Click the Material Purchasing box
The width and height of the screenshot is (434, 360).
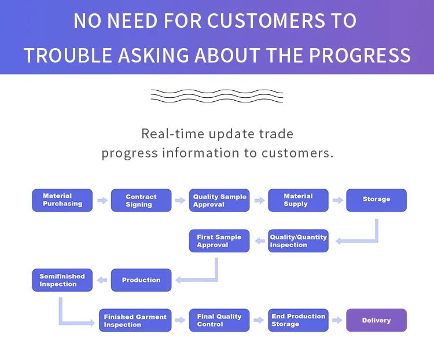pos(62,200)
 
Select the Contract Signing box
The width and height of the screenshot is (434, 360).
pos(141,200)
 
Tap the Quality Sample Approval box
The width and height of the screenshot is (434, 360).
pos(219,200)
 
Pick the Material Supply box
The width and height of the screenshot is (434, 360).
pos(298,200)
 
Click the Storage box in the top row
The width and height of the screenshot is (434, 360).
pos(376,200)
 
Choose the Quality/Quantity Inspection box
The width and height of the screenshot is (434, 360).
pos(298,241)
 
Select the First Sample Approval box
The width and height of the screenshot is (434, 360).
pos(219,241)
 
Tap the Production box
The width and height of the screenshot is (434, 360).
pos(141,280)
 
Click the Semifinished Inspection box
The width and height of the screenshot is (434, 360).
pos(62,280)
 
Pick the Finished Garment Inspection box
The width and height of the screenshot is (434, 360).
pos(135,321)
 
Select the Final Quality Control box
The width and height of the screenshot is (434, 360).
pos(219,321)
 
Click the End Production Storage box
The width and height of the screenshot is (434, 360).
pos(298,321)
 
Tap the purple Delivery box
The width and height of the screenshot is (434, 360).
pos(376,321)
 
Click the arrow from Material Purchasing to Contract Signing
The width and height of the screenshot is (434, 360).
pos(102,201)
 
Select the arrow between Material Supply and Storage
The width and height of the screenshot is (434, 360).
pos(337,201)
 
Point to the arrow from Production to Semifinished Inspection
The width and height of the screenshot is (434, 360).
pos(102,281)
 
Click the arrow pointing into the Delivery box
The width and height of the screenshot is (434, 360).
pos(337,321)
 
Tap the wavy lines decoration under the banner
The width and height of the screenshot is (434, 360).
pos(216,95)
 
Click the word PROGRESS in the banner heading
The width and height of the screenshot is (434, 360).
pos(359,56)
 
